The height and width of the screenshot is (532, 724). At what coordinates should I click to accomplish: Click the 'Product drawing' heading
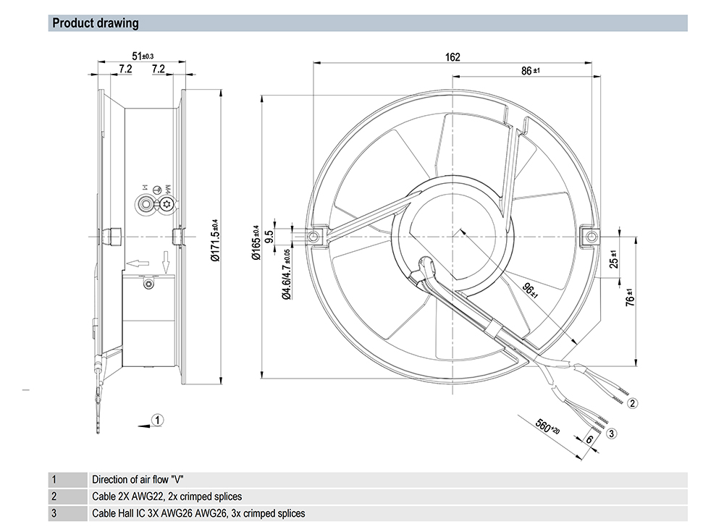[x=95, y=23]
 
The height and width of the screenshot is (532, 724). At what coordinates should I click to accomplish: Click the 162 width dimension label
[x=452, y=57]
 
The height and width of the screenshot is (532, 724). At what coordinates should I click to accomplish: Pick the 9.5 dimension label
[x=270, y=237]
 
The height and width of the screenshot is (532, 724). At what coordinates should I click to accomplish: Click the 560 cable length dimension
[x=547, y=426]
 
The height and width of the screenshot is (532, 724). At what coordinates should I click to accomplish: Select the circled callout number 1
[x=159, y=418]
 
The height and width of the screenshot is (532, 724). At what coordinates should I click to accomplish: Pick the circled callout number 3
[x=612, y=433]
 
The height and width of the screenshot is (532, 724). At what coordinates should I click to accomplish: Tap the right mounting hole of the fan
[x=592, y=236]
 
